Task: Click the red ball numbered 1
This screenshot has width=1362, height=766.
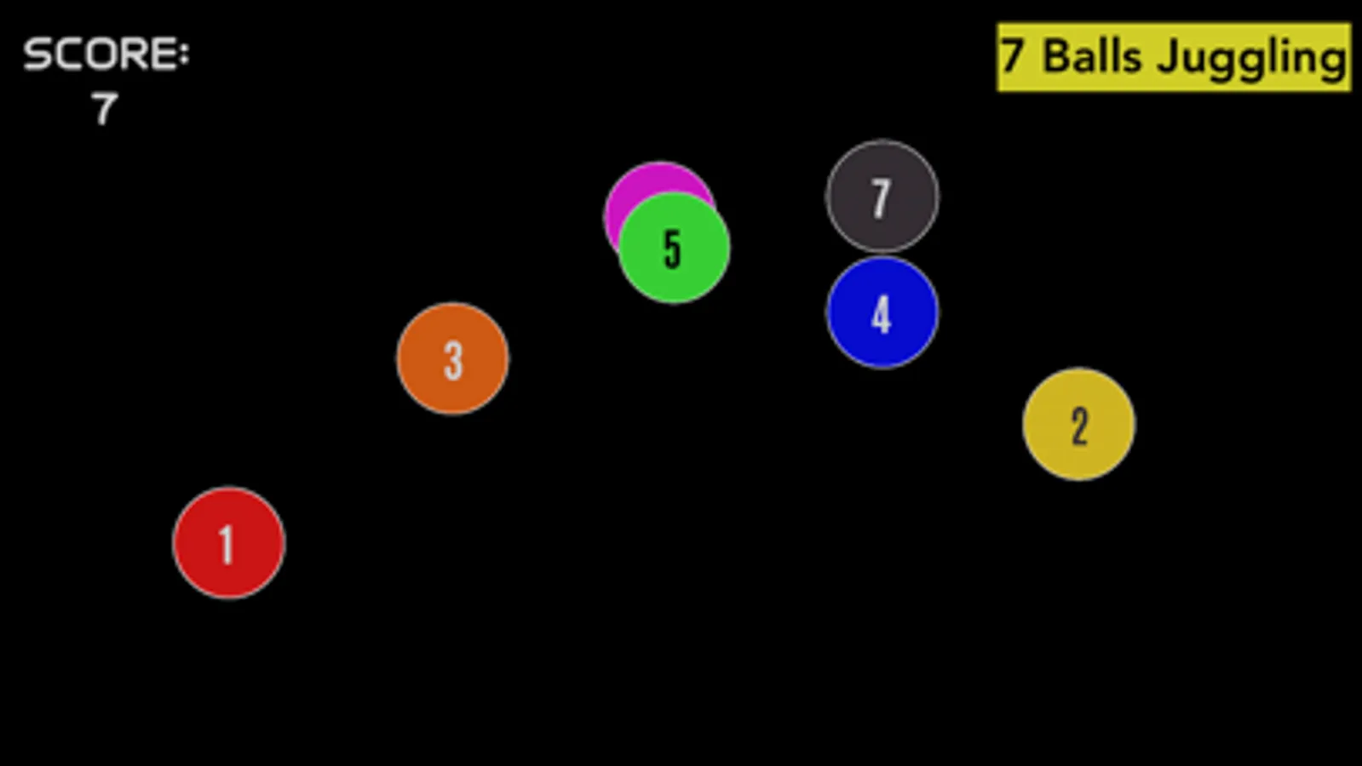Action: [x=228, y=543]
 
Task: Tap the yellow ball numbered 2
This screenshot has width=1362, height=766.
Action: [x=1078, y=424]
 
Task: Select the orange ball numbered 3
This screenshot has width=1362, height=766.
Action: [x=453, y=358]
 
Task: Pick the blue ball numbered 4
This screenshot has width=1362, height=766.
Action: [x=882, y=312]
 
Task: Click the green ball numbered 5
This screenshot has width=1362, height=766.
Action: [x=675, y=247]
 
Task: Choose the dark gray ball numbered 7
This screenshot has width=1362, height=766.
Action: [x=882, y=197]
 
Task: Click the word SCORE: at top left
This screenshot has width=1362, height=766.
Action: [x=106, y=54]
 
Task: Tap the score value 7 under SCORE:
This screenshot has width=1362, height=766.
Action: [x=105, y=109]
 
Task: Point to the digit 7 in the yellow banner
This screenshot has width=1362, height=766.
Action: [x=1013, y=56]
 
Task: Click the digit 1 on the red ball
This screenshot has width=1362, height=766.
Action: [x=227, y=544]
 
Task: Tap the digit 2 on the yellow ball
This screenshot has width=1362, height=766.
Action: [x=1079, y=426]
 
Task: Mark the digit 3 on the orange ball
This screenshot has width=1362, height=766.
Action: [x=454, y=361]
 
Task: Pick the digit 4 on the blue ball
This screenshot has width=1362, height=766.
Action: [x=882, y=314]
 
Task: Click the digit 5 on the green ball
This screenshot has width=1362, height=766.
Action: [x=672, y=249]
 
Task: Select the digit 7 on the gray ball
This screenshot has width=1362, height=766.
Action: [x=881, y=198]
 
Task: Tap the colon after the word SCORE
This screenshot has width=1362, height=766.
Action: [x=184, y=54]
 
